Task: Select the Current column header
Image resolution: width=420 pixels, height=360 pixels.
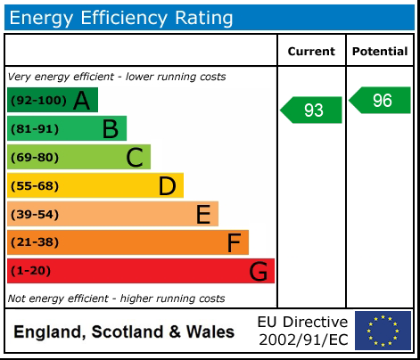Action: click(311, 52)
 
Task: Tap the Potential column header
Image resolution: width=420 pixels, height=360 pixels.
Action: click(380, 52)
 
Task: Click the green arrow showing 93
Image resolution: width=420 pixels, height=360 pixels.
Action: click(312, 110)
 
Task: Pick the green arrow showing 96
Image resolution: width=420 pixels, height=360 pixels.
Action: click(380, 100)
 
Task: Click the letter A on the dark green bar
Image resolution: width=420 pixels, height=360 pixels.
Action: click(81, 101)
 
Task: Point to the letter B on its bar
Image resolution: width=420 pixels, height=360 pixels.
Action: click(110, 129)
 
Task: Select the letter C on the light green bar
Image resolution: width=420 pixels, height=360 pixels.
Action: click(135, 158)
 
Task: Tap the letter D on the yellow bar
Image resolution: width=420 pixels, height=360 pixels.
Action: click(167, 186)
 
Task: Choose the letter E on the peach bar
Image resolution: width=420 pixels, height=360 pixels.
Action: click(202, 215)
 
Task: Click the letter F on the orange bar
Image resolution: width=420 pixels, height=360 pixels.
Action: click(234, 242)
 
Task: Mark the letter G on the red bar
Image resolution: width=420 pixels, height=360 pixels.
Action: click(258, 271)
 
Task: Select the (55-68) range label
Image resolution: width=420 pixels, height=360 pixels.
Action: click(35, 186)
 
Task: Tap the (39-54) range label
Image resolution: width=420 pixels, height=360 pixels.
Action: click(35, 215)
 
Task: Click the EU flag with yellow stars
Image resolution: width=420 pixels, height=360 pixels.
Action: click(383, 331)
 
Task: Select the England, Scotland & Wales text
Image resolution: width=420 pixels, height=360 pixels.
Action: click(124, 332)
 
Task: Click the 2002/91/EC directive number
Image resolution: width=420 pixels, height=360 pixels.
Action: click(303, 340)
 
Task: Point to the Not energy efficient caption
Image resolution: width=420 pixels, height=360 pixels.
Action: click(116, 299)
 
